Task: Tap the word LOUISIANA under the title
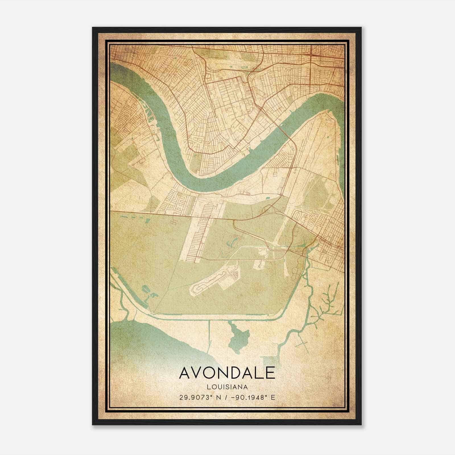coord(227,387)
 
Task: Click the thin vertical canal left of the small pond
coord(210,338)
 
